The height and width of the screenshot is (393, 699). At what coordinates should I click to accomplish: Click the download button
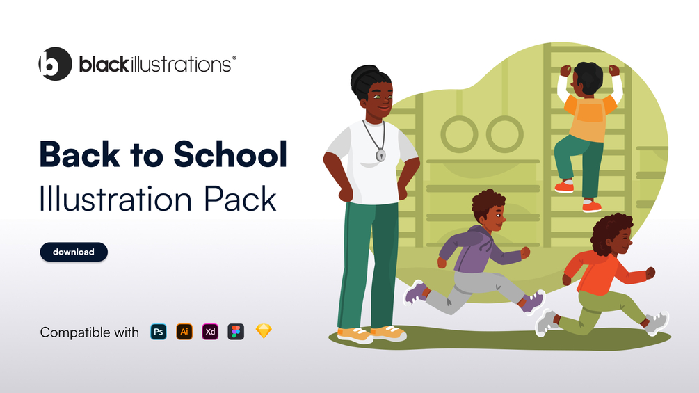[74, 252]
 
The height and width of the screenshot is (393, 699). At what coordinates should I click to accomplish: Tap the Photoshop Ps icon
[159, 332]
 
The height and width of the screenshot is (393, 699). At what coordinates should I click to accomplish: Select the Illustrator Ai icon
[184, 332]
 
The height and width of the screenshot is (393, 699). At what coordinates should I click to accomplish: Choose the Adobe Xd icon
[210, 332]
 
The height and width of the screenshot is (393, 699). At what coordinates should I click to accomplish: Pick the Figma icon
[236, 332]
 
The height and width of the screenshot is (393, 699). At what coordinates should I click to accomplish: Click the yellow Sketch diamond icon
[264, 331]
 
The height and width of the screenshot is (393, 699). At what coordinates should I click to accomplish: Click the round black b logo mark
[55, 64]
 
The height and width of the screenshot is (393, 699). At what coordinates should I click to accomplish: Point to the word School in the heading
[230, 154]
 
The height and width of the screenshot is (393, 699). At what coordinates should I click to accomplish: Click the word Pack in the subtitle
[240, 199]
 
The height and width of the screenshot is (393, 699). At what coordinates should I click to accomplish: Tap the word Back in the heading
[80, 154]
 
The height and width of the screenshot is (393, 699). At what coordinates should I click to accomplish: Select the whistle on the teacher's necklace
[380, 155]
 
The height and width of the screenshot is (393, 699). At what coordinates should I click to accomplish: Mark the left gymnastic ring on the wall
[459, 134]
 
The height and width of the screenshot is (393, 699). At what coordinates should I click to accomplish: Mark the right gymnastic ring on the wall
[504, 134]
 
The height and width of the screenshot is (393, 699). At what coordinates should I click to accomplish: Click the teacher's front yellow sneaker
[355, 335]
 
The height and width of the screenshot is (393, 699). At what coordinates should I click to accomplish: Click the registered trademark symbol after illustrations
[234, 58]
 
